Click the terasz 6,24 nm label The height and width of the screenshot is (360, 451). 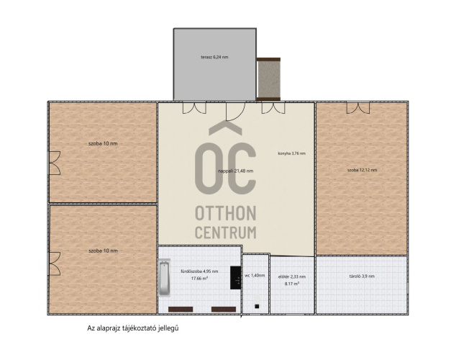click(x=214, y=57)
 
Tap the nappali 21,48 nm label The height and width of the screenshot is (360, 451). click(x=235, y=171)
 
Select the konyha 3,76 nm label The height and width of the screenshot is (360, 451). click(x=291, y=153)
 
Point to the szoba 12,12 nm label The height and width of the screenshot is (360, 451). click(x=362, y=170)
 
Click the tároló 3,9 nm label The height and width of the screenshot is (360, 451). click(x=362, y=276)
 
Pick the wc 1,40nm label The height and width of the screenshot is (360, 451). click(x=255, y=275)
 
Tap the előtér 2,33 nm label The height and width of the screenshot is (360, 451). click(x=292, y=276)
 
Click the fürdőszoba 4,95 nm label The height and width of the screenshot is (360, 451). click(x=199, y=271)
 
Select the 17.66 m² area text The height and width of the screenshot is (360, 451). click(x=200, y=279)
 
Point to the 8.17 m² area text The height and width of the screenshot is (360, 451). click(x=292, y=284)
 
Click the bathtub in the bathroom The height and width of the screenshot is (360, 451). click(x=164, y=278)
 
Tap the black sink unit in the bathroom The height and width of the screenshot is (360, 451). click(x=235, y=278)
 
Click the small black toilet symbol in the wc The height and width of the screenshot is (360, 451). click(x=257, y=307)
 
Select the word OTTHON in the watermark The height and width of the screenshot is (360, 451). click(x=226, y=213)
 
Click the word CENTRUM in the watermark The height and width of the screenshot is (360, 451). click(x=226, y=233)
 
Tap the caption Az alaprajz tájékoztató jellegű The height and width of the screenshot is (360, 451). click(x=133, y=328)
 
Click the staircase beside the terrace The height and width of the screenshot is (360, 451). click(x=268, y=79)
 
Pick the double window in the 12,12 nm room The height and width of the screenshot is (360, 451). click(x=357, y=108)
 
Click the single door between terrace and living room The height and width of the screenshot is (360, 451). click(x=235, y=111)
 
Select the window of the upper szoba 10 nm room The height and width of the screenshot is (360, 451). click(x=55, y=163)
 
